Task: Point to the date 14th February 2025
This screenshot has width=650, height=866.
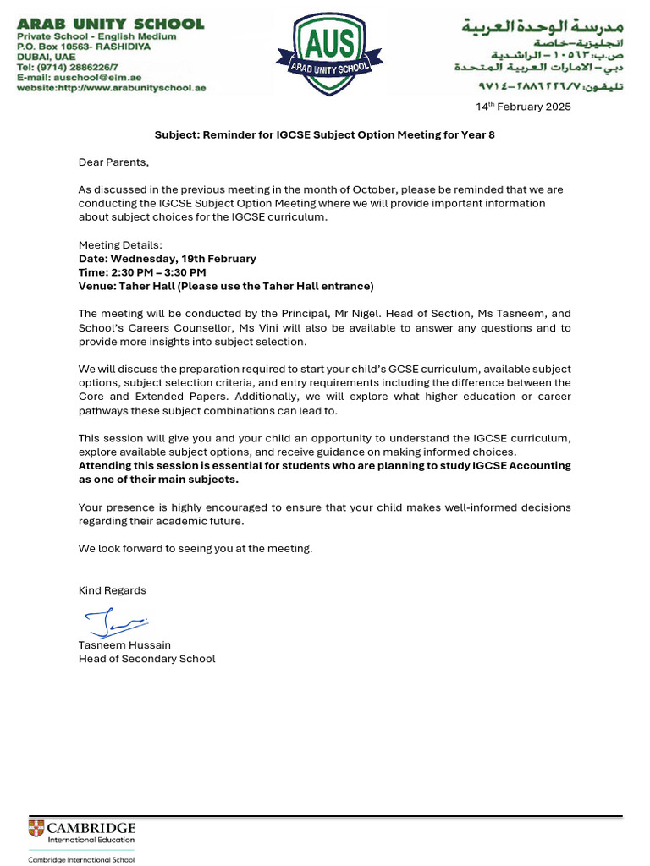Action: click(522, 107)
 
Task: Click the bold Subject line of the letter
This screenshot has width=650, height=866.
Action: click(324, 134)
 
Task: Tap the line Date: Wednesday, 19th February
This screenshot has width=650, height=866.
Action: click(168, 259)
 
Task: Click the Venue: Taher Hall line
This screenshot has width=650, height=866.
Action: click(226, 286)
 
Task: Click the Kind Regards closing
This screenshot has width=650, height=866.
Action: click(113, 590)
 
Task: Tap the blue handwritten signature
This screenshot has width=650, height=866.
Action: click(114, 624)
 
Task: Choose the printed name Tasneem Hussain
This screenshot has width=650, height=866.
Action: click(124, 645)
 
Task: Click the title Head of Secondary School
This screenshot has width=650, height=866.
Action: click(147, 659)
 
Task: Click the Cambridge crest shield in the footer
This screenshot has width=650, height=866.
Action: click(36, 828)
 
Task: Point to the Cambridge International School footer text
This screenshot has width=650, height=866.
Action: click(81, 859)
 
